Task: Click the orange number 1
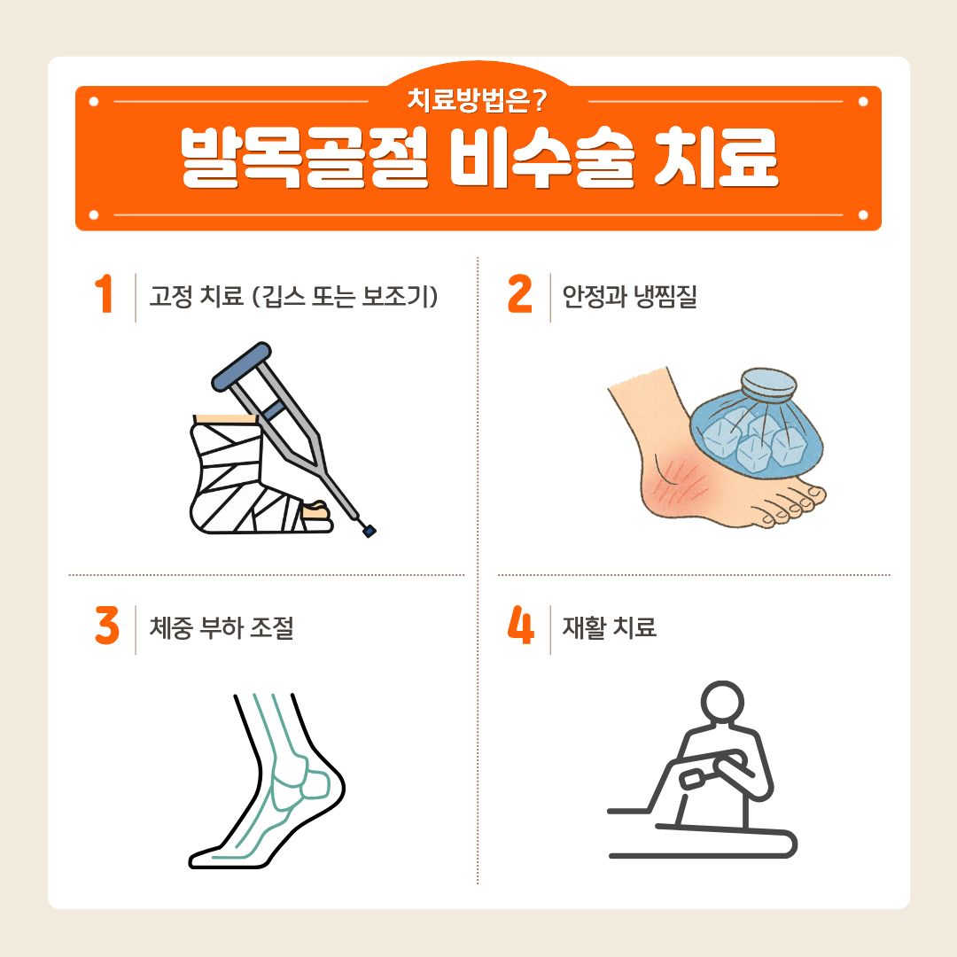point(105,293)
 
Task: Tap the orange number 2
point(520,293)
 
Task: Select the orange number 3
point(107,625)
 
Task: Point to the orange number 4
point(521,625)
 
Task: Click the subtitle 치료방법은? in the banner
point(478,100)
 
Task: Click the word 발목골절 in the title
point(305,158)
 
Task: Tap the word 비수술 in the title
point(542,158)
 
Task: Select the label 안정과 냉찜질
point(629,297)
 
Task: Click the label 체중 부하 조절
point(222,627)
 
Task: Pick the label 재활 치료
point(609,627)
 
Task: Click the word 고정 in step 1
point(172,297)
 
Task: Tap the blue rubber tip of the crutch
point(370,531)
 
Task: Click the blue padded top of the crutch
point(241,366)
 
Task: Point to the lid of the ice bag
point(768,384)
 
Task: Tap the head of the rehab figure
point(722,703)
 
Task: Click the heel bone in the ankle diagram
point(316,784)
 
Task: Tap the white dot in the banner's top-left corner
point(93,101)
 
